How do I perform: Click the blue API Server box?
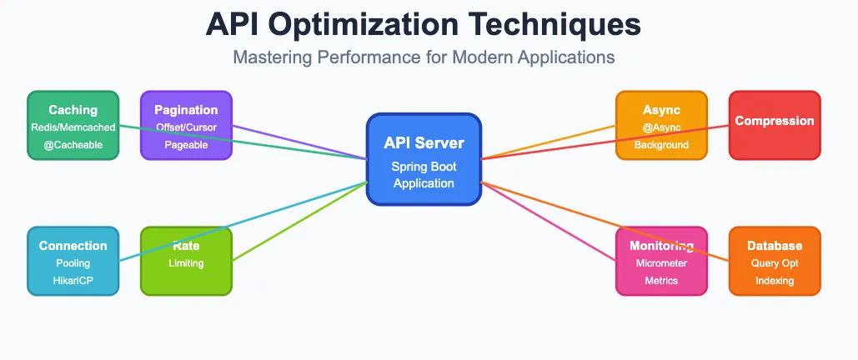[x=424, y=159]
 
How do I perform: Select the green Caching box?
[x=73, y=125]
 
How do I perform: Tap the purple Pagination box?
[x=186, y=125]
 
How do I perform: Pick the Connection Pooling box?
[x=73, y=261]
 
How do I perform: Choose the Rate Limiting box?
[x=186, y=261]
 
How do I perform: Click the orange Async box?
[x=661, y=125]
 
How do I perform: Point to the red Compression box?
[x=775, y=125]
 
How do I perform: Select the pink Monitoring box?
[x=661, y=261]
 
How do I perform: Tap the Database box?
[x=775, y=261]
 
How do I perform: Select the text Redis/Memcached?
[x=73, y=127]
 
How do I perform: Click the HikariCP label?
[x=73, y=281]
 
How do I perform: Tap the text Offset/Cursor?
[x=186, y=127]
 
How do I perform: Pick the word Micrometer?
[x=661, y=263]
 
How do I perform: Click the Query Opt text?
[x=775, y=263]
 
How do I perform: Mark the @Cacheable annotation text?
[x=73, y=144]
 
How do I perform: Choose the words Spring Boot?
[x=424, y=167]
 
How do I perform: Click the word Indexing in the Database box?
[x=775, y=281]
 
